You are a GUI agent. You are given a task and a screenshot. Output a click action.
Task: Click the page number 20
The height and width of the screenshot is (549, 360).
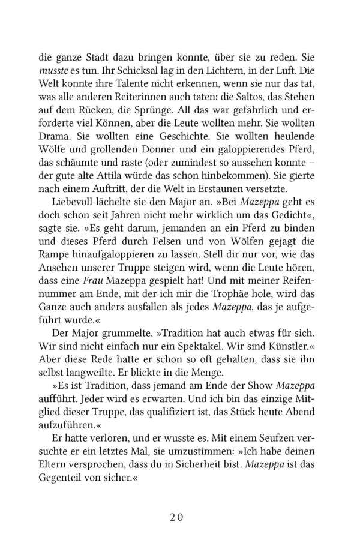coord(179,518)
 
